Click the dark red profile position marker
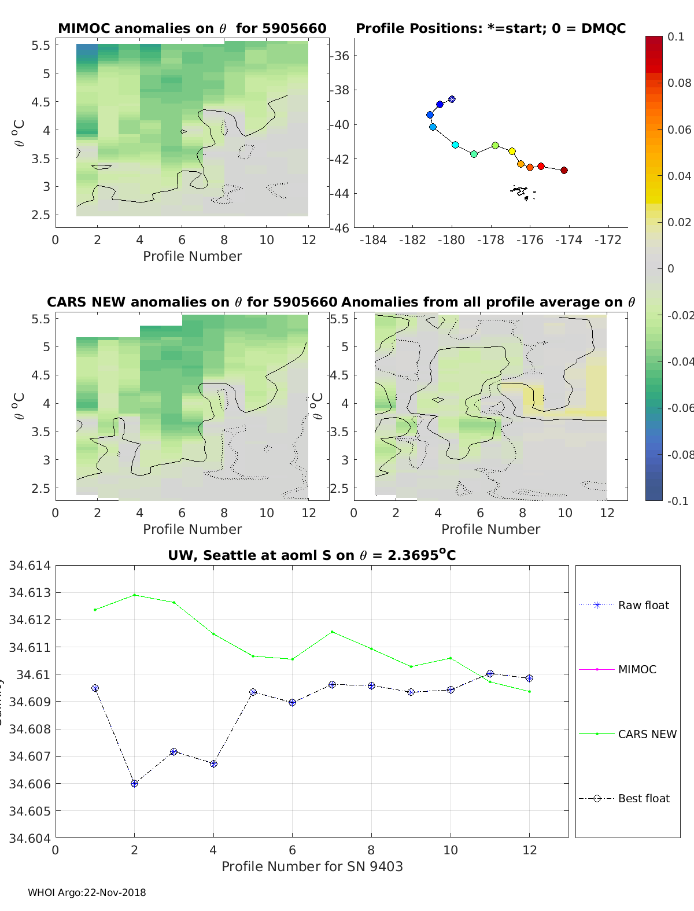point(564,170)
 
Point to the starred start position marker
point(452,99)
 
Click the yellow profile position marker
point(512,151)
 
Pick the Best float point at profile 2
point(135,783)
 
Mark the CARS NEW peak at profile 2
point(135,595)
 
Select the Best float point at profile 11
point(490,673)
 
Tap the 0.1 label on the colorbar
point(675,36)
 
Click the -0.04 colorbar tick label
point(679,362)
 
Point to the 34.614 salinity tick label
point(29,566)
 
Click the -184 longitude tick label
point(373,239)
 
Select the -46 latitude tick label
point(340,228)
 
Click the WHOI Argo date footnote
point(87,892)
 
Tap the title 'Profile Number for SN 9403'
point(312,866)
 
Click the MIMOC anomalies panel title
point(192,28)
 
